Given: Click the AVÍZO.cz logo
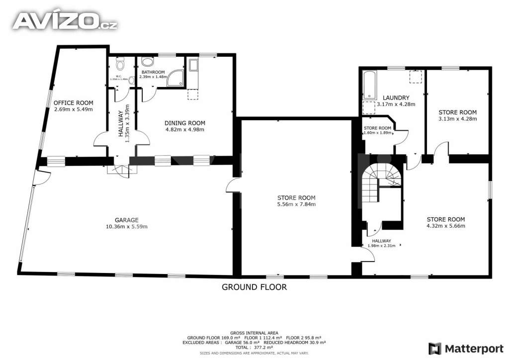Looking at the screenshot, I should click(65, 20).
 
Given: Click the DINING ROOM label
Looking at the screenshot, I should click(184, 123).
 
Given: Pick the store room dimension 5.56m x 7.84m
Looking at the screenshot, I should click(296, 204).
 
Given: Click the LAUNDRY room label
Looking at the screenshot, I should click(396, 97).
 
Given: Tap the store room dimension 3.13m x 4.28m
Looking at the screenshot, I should click(457, 119).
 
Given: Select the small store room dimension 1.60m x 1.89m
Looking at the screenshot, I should click(378, 133).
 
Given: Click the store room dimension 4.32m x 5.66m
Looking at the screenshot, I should click(446, 226).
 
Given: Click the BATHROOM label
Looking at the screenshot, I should click(152, 72).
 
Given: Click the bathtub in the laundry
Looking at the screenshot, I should click(369, 85).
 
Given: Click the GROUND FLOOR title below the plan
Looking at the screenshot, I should click(254, 287).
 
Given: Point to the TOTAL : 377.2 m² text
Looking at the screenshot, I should click(254, 348).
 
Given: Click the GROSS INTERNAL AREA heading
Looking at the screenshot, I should click(254, 333).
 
